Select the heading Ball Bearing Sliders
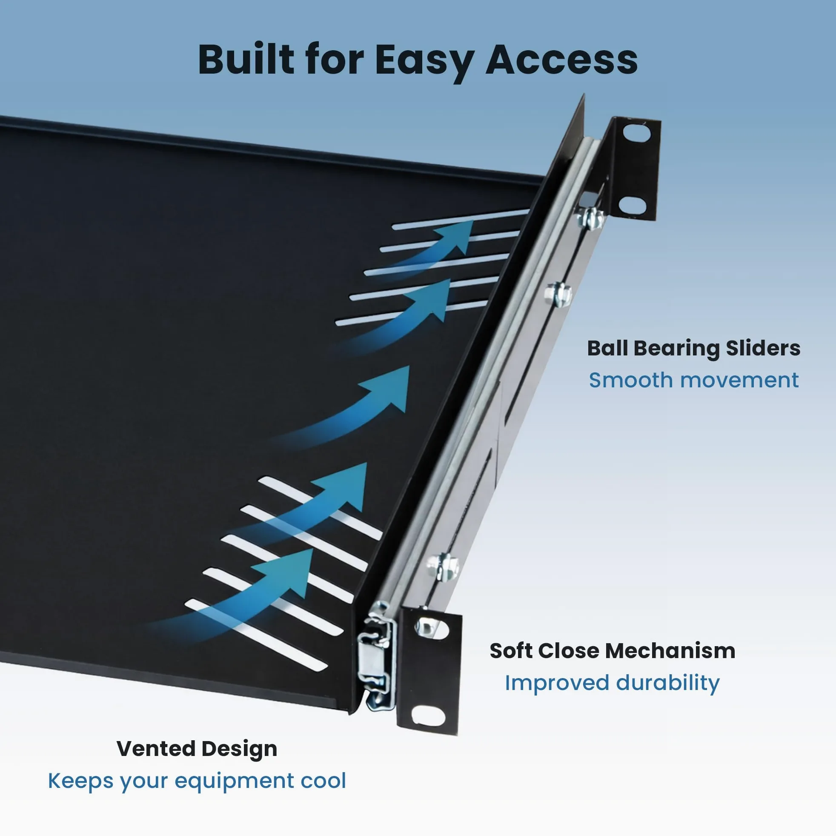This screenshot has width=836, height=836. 694,348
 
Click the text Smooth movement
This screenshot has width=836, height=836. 694,381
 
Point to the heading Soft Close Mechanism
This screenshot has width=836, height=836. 612,651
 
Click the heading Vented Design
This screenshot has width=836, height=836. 197,749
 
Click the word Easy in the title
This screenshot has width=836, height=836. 424,60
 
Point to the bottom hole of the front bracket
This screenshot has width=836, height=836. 427,716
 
